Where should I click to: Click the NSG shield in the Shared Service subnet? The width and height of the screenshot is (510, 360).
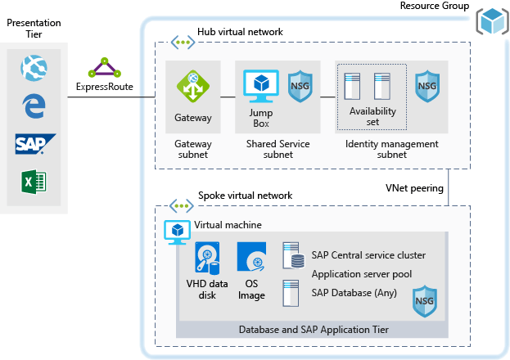pyautogui.click(x=300, y=85)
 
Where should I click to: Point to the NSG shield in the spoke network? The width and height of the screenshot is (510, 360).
pyautogui.click(x=423, y=300)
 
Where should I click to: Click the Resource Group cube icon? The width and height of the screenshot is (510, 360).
pyautogui.click(x=493, y=20)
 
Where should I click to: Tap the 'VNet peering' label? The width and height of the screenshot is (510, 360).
pyautogui.click(x=414, y=187)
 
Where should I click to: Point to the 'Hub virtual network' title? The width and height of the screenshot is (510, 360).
pyautogui.click(x=240, y=32)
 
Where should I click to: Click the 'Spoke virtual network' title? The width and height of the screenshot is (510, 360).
pyautogui.click(x=245, y=196)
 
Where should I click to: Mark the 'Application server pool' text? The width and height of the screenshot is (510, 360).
pyautogui.click(x=361, y=274)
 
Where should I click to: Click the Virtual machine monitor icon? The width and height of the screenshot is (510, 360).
pyautogui.click(x=178, y=232)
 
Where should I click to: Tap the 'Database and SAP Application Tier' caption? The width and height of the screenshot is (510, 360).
pyautogui.click(x=314, y=329)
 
